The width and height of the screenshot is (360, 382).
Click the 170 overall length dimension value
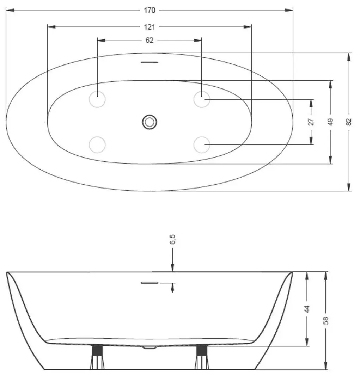tap(150, 10)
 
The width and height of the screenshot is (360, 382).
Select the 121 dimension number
tap(150, 27)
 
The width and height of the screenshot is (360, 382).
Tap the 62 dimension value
tap(150, 41)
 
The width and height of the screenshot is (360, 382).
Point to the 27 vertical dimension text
tap(311, 122)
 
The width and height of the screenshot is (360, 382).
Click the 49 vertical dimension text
tap(330, 122)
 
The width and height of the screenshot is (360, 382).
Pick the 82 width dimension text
tap(349, 122)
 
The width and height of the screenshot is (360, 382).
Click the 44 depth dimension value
tap(307, 309)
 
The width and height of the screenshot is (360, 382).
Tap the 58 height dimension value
tap(326, 320)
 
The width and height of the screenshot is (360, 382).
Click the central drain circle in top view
tap(150, 122)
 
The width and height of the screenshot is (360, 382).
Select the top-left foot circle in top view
tap(98, 99)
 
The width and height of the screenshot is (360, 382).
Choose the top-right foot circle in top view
tap(202, 99)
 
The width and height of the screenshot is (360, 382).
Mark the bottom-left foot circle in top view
tap(98, 144)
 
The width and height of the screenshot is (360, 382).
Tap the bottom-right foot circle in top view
tap(202, 144)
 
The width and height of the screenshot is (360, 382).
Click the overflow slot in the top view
tap(150, 62)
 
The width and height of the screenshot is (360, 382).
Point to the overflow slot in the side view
tap(150, 283)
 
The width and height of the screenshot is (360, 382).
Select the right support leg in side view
tap(202, 357)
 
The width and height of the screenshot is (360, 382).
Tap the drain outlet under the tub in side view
tap(150, 347)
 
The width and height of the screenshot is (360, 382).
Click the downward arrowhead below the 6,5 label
tap(172, 269)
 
